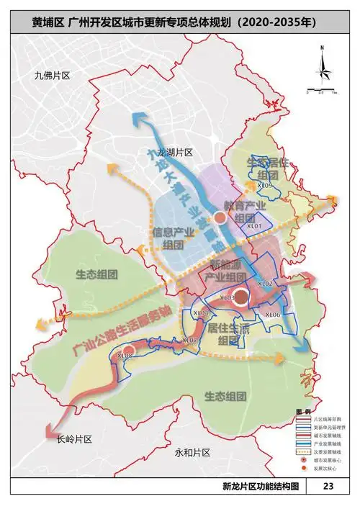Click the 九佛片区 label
click(45, 76)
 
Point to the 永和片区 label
click(192, 452)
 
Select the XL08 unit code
click(125, 355)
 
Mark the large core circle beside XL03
click(243, 297)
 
